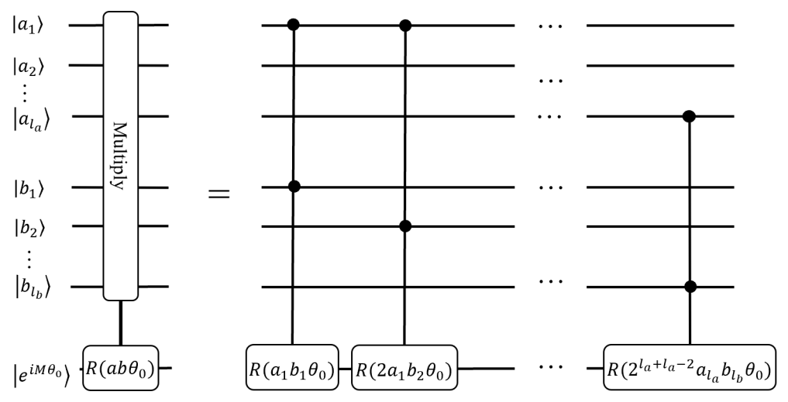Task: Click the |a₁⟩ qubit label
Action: point(30,26)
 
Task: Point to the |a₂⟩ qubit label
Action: point(30,65)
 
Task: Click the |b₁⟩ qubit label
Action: point(30,187)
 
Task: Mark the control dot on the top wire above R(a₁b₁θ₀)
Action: point(293,26)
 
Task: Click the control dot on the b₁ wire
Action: point(293,187)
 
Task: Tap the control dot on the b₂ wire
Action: point(405,226)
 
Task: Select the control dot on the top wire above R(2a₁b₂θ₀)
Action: point(405,26)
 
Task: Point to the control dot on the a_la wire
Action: point(690,117)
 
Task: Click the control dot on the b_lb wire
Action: point(690,287)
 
